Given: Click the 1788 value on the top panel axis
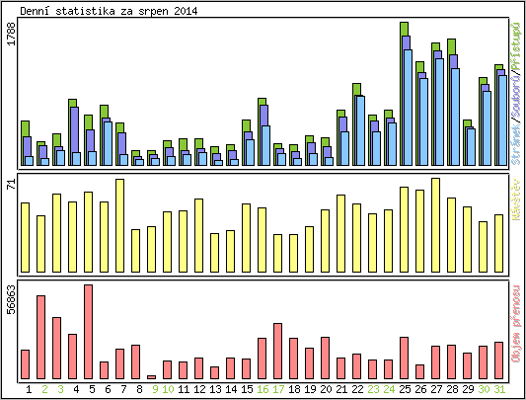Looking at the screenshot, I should [x=10, y=35].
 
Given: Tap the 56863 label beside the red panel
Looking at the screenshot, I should [x=10, y=300].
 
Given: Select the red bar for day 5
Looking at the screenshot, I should [x=88, y=332].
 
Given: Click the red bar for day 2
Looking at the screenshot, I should [x=40, y=337].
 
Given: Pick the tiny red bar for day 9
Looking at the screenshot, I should [x=151, y=377].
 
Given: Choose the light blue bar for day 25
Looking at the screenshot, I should [x=408, y=108].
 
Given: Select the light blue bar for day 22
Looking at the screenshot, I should [x=360, y=130].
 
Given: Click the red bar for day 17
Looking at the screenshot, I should [x=277, y=351].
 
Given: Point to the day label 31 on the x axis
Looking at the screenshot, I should [x=498, y=389].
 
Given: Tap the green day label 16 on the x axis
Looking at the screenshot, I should [x=262, y=389].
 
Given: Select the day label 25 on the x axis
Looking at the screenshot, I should [x=404, y=389].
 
